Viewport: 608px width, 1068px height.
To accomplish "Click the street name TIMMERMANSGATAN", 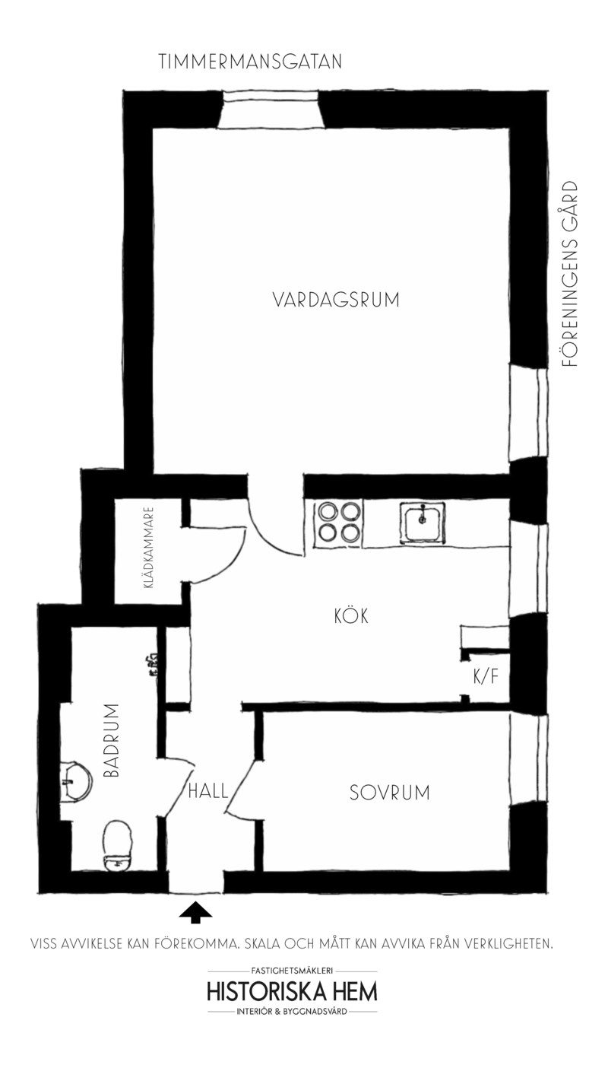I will coord(251,62).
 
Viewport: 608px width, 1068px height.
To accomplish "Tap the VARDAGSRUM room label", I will coord(336,300).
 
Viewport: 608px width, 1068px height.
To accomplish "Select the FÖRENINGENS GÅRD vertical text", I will coord(570,274).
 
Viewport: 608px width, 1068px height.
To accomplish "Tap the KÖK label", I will coord(351,615).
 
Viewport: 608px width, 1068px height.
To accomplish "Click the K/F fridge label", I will coord(486,676).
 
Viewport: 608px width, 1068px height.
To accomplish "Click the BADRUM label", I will coord(111,740).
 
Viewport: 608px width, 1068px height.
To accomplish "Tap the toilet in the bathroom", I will coord(118,844).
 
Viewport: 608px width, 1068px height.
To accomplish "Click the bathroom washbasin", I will coord(75,780).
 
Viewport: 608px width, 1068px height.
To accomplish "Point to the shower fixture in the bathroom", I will coord(154,665).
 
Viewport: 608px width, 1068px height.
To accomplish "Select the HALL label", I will coord(208,790).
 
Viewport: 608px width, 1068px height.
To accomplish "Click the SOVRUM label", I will coord(389,793).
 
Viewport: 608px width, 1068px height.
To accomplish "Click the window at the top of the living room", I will coord(271,108).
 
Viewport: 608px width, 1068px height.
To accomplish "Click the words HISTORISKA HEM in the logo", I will coord(292,993).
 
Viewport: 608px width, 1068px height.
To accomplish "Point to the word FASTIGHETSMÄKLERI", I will coord(292,971).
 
